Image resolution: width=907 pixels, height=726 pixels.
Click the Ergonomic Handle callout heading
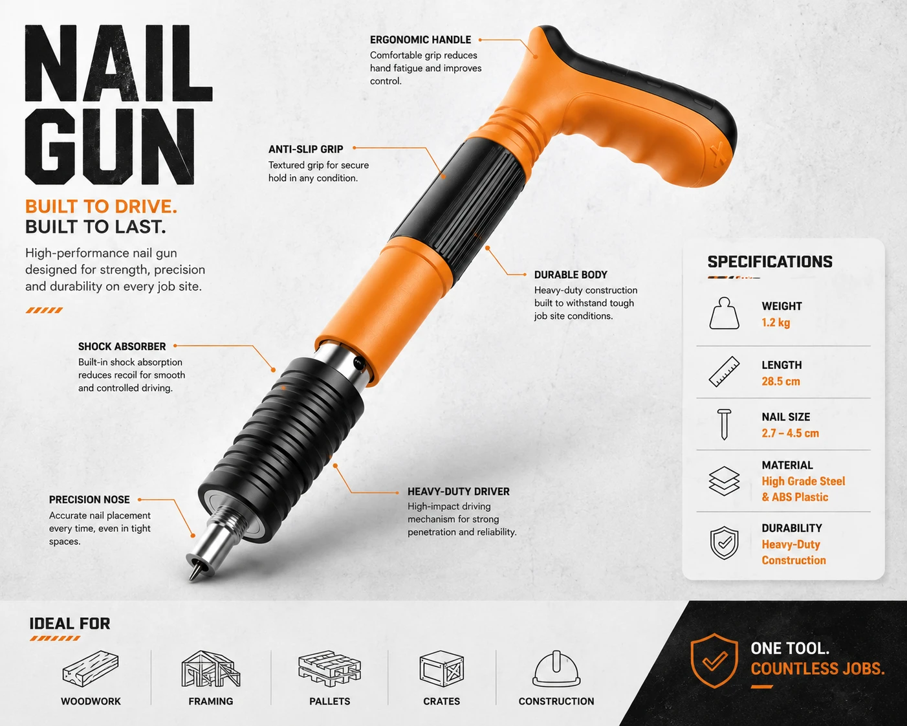pyautogui.click(x=421, y=39)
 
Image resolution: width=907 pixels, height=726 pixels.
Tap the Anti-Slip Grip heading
pyautogui.click(x=305, y=149)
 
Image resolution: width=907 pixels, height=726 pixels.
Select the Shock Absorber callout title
pyautogui.click(x=122, y=347)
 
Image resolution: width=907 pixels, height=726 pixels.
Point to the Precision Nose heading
pyautogui.click(x=89, y=500)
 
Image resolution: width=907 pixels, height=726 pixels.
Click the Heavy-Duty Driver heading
pyautogui.click(x=459, y=492)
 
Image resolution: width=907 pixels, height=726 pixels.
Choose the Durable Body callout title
pyautogui.click(x=571, y=275)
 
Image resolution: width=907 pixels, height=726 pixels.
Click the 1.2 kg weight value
pyautogui.click(x=776, y=323)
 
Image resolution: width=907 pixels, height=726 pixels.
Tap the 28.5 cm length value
pyautogui.click(x=781, y=382)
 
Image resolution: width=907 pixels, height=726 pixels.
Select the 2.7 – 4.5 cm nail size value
pyautogui.click(x=791, y=434)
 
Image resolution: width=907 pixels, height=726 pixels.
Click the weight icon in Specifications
pyautogui.click(x=724, y=313)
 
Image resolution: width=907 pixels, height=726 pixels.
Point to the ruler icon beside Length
pyautogui.click(x=724, y=371)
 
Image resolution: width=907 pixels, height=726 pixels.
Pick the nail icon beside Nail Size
pyautogui.click(x=724, y=424)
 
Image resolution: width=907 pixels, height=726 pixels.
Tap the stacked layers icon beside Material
pyautogui.click(x=724, y=481)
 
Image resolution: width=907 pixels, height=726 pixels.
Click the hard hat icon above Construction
pyautogui.click(x=556, y=669)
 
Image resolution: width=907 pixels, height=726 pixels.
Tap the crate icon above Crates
pyautogui.click(x=441, y=669)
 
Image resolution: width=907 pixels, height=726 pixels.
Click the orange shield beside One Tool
pyautogui.click(x=715, y=661)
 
